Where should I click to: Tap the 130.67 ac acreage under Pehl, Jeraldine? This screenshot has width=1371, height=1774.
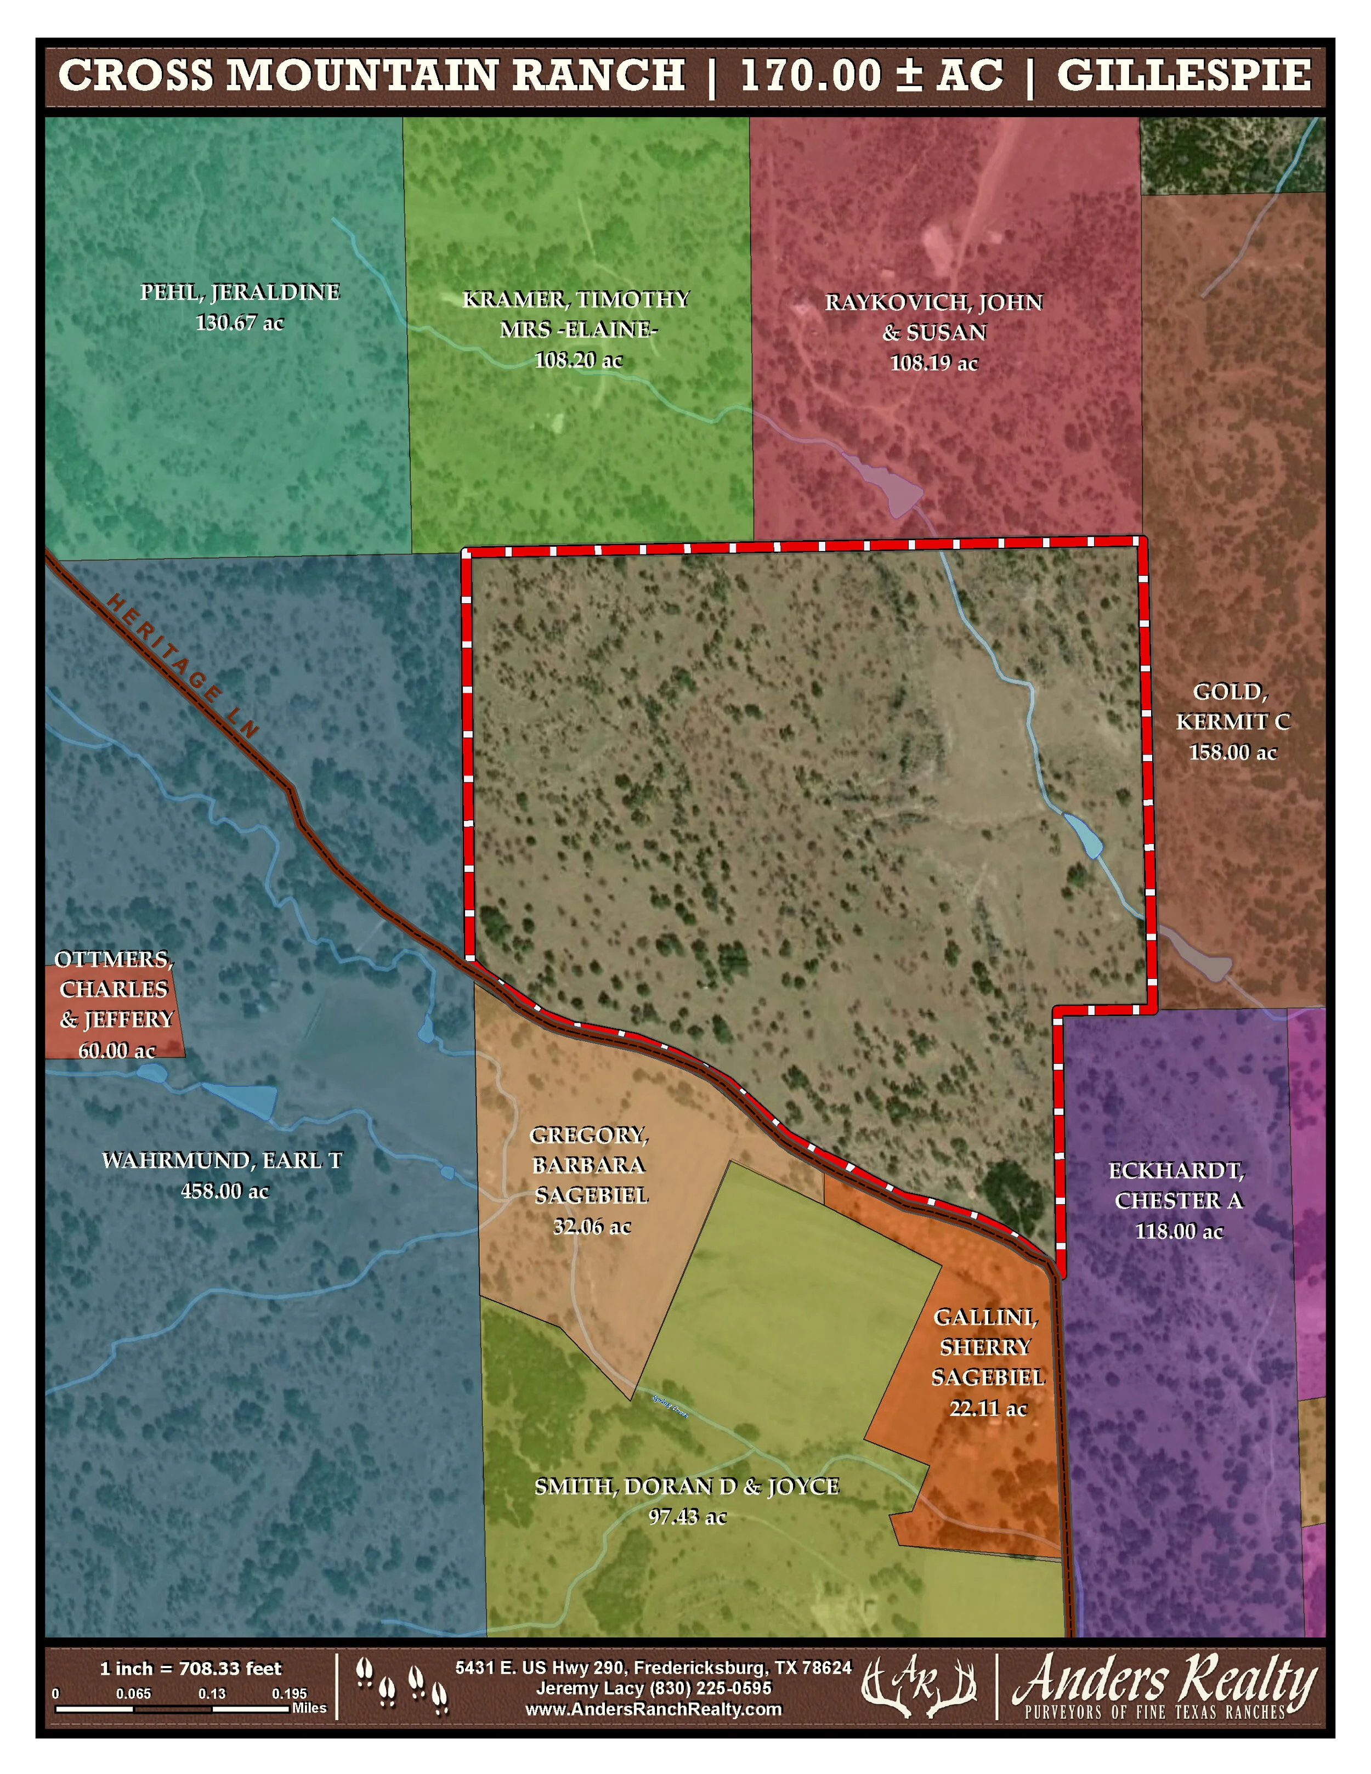(x=240, y=324)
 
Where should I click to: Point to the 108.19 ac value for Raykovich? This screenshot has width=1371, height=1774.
(x=934, y=363)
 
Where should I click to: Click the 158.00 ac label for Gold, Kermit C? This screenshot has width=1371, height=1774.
(x=1232, y=753)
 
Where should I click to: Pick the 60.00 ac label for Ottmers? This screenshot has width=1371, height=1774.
(x=116, y=1050)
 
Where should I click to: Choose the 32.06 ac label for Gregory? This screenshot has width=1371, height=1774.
(x=591, y=1227)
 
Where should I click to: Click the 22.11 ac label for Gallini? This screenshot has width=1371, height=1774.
(x=988, y=1408)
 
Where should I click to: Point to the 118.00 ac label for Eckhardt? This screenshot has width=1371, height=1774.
(x=1179, y=1232)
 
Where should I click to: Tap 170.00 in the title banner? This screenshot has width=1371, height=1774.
(x=811, y=76)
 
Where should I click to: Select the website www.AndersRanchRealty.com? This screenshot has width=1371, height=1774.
(x=653, y=1709)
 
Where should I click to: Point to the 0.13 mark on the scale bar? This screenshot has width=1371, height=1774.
(x=212, y=1693)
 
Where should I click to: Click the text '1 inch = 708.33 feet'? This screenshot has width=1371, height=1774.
(x=190, y=1668)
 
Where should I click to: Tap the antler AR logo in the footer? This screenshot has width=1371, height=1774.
(x=918, y=1688)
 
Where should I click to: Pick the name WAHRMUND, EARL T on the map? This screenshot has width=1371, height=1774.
(x=222, y=1161)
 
